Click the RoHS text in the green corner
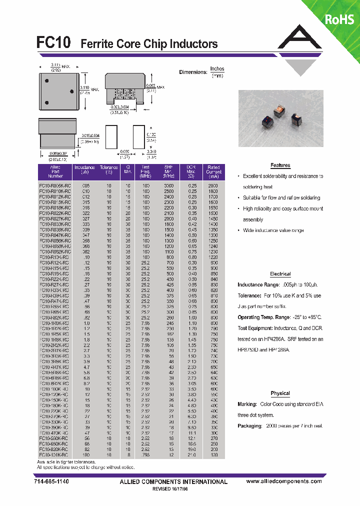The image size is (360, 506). coord(340,19)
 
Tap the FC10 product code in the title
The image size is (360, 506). coord(56,43)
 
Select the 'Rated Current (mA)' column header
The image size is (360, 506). coord(213,171)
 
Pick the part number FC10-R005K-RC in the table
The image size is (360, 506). coord(55,185)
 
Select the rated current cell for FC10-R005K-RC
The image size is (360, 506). coord(213,185)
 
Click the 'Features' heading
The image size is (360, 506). coord(280,165)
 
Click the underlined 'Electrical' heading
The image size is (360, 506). coord(280,274)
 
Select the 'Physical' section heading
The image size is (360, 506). coord(280,393)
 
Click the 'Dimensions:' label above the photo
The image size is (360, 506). coord(193,72)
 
